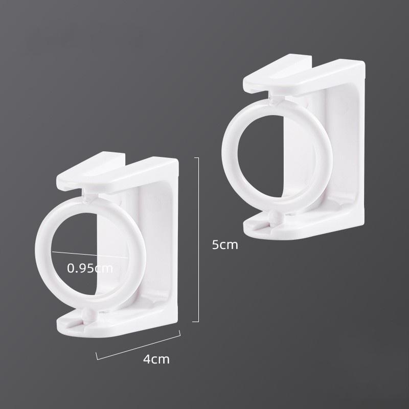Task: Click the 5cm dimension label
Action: (x=225, y=245)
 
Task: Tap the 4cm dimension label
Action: (x=156, y=359)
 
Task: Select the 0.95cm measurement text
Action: (x=90, y=267)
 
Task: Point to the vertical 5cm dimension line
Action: (x=198, y=240)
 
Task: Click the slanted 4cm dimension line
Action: (x=138, y=345)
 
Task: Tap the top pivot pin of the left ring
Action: (x=86, y=196)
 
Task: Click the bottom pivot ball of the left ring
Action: (x=87, y=314)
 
